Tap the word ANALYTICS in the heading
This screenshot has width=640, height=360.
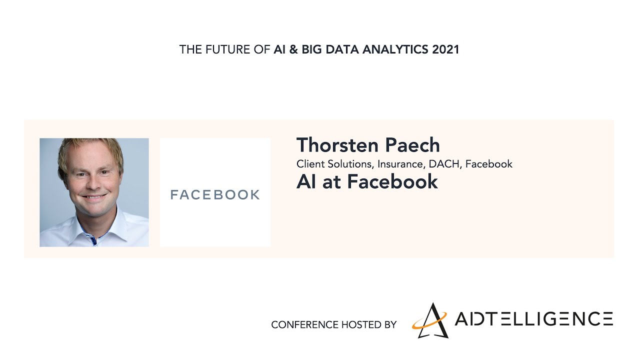tap(395, 49)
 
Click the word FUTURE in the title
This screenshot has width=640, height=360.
tap(227, 49)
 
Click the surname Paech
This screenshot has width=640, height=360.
tap(412, 145)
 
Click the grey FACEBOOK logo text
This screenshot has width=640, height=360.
tap(215, 194)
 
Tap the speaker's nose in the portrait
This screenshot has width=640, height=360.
tap(93, 183)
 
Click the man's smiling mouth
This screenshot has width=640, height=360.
tap(93, 197)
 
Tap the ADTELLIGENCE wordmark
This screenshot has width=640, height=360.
tap(533, 318)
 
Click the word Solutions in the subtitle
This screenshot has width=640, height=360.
tap(351, 164)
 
